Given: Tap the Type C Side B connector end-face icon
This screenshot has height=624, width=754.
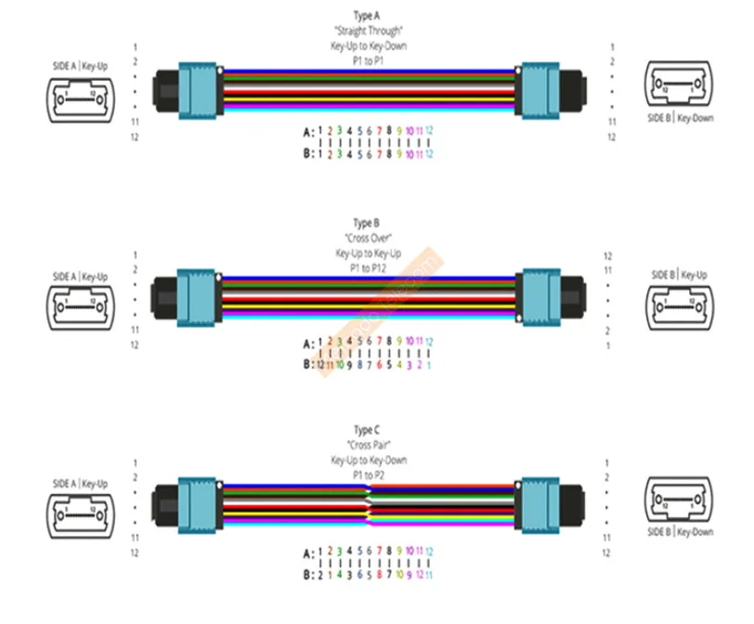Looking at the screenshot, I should [682, 506].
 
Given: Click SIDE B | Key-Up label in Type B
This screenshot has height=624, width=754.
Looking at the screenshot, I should [682, 275].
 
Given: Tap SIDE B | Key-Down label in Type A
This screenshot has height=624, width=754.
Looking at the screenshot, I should [682, 119].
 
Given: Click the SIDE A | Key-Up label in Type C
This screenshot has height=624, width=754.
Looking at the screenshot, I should [80, 484].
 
